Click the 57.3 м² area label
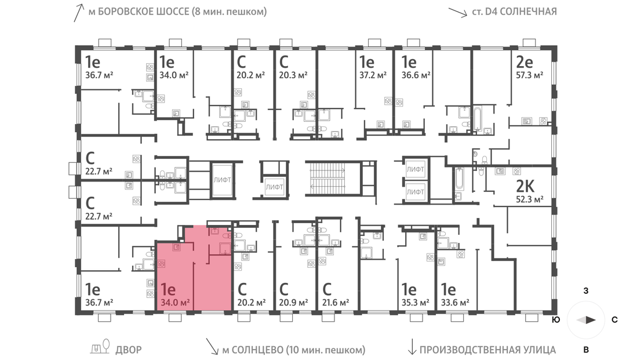(x=529, y=75)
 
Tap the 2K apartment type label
(x=525, y=186)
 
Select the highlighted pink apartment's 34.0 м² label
(x=175, y=302)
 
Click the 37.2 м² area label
(x=373, y=75)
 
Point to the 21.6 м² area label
(x=336, y=303)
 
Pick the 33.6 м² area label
(x=455, y=302)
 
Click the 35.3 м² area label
(x=415, y=302)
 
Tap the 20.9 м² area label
(x=293, y=303)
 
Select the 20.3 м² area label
(x=293, y=75)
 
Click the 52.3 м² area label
(x=530, y=199)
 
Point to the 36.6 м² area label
(x=416, y=75)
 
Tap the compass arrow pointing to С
(x=586, y=319)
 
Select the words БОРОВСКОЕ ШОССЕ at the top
(x=144, y=12)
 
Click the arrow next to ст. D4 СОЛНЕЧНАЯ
(x=457, y=12)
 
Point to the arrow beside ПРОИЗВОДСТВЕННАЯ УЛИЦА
(x=412, y=347)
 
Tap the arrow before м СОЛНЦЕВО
(x=212, y=347)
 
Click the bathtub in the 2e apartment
(x=478, y=118)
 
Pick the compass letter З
(x=585, y=290)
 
